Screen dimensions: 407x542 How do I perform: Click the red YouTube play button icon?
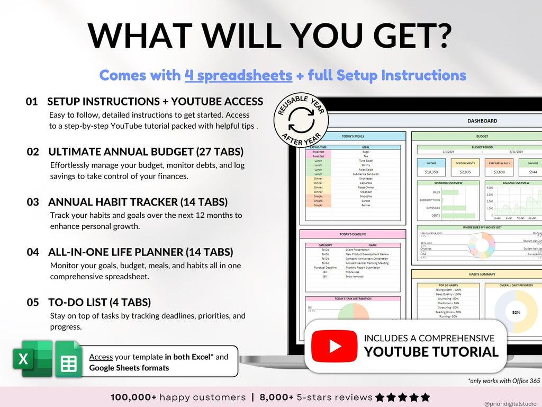(x=334, y=346)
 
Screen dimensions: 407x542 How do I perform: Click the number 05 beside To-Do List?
(x=33, y=303)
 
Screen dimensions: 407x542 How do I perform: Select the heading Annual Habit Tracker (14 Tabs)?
(x=138, y=202)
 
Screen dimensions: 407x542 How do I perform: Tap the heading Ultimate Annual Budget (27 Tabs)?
(x=146, y=152)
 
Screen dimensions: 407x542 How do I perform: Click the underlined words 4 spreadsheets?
(x=238, y=75)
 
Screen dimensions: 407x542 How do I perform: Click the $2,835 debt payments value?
(x=465, y=172)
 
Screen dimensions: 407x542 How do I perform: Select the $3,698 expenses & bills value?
(x=499, y=172)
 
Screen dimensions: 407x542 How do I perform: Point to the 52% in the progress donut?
(x=516, y=312)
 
